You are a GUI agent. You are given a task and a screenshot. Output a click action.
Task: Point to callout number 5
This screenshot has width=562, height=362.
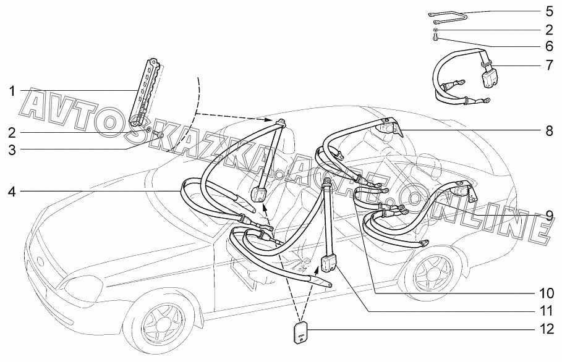click(549, 12)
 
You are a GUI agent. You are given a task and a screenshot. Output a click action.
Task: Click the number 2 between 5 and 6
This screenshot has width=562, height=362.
click(549, 29)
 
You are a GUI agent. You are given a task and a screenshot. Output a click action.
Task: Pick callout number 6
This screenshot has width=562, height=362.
click(549, 46)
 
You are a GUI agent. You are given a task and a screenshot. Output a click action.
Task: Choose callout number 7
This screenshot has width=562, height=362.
click(549, 64)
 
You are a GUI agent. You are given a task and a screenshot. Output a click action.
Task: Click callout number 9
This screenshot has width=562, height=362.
click(549, 216)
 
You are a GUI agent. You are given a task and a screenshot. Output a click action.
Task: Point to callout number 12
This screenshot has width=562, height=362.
click(545, 330)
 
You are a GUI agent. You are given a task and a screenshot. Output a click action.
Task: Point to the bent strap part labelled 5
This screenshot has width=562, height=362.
click(446, 15)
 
